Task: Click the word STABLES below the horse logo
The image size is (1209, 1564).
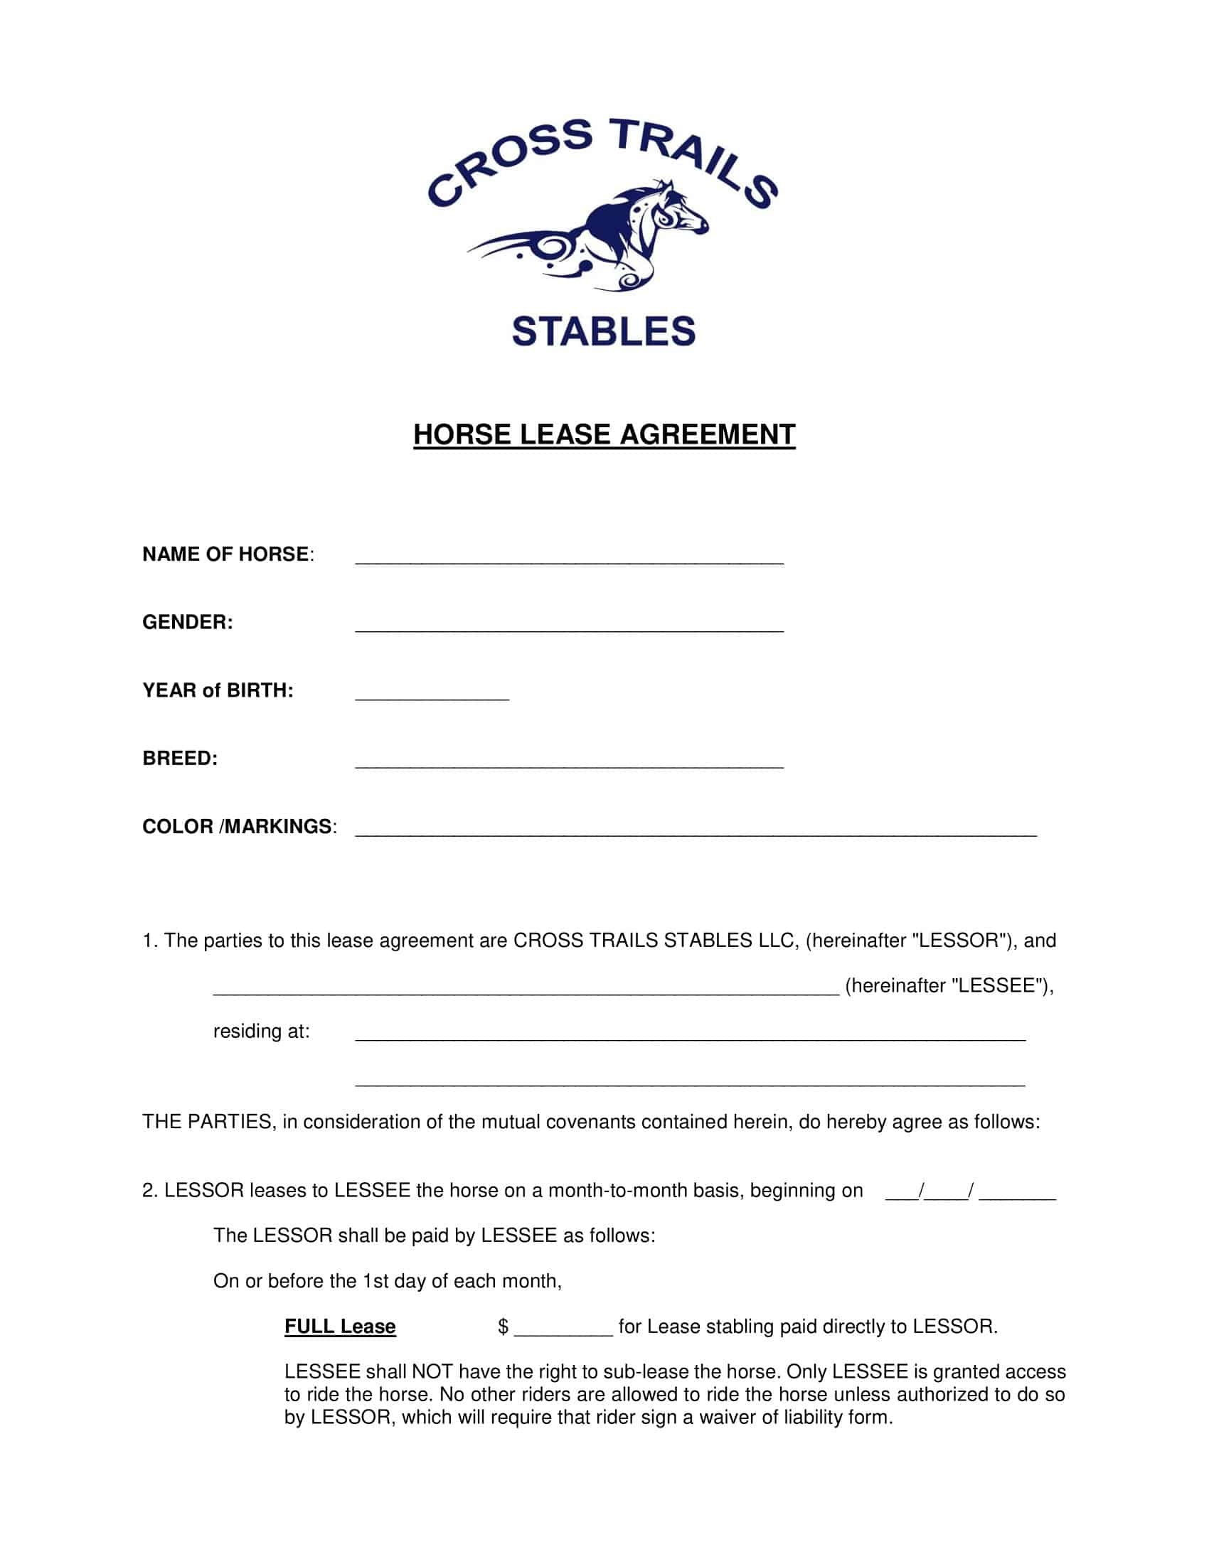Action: click(x=604, y=331)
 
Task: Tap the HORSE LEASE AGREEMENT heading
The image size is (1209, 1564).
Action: click(x=604, y=434)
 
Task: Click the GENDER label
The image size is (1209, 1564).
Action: click(x=188, y=622)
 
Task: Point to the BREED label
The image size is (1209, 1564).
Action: click(x=180, y=759)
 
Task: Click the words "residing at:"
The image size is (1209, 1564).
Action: click(x=262, y=1032)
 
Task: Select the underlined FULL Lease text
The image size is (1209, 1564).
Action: click(x=340, y=1327)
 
